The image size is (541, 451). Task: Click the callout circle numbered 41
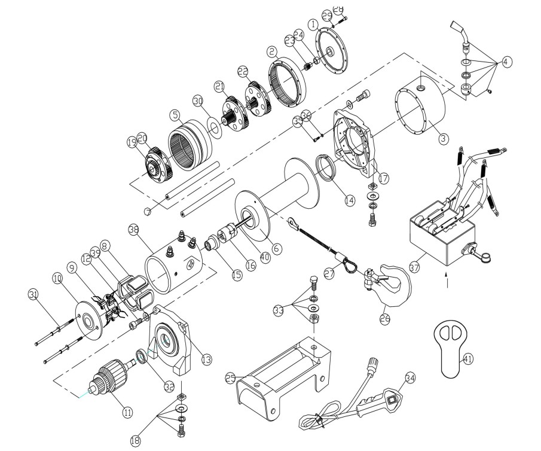click(x=467, y=359)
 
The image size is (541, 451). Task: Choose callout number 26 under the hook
click(x=384, y=319)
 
